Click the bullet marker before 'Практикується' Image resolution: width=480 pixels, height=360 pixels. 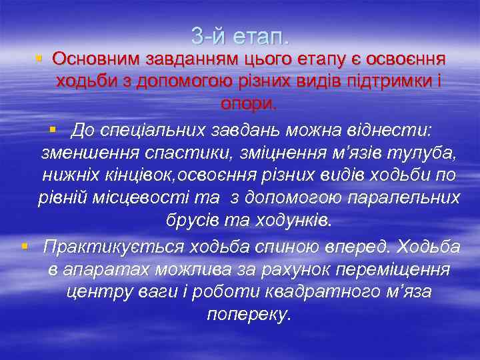pyautogui.click(x=24, y=246)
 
